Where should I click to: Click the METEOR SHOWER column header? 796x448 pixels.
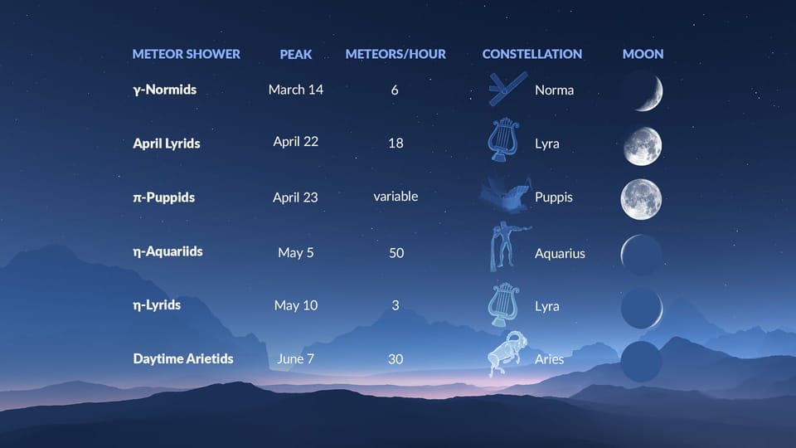(186, 54)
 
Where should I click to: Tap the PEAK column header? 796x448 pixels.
(296, 54)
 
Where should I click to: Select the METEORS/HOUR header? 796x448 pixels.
(396, 54)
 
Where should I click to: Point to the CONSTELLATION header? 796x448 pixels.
(531, 54)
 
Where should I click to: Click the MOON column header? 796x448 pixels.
(643, 54)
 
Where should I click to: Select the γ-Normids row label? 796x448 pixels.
(164, 89)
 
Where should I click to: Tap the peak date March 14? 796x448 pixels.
(296, 90)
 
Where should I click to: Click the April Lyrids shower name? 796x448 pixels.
(167, 143)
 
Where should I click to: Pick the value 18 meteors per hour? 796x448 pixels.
(396, 143)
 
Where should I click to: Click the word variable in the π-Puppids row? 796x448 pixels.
(396, 197)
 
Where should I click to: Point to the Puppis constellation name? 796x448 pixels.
(554, 197)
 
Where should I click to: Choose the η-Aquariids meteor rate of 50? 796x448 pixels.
(396, 252)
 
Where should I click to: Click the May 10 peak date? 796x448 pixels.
(296, 305)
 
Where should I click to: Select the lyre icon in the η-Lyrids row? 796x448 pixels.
(503, 304)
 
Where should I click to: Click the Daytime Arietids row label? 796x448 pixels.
(183, 359)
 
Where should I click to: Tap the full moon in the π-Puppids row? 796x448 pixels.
(641, 199)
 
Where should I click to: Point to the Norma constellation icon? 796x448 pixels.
(506, 87)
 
